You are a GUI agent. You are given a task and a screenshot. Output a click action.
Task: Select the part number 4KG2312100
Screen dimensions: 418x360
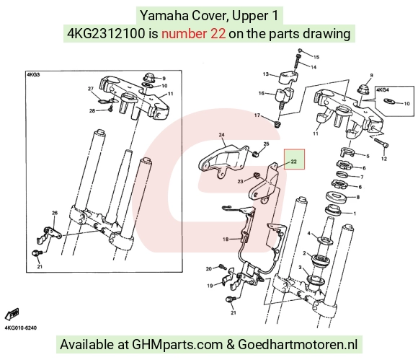pos(106,34)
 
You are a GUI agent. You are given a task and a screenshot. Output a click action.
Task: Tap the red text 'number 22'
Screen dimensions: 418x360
pos(194,34)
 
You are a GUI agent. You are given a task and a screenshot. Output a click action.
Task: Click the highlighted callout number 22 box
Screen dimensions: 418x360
pos(294,159)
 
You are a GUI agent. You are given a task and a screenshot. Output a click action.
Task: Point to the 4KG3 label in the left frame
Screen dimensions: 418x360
pos(33,75)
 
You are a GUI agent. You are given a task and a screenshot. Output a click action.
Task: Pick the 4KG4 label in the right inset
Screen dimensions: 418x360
pos(383,90)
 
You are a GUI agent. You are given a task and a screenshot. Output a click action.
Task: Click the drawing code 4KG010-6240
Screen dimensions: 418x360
pos(20,328)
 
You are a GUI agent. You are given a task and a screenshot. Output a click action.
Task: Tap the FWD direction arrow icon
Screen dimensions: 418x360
pos(12,314)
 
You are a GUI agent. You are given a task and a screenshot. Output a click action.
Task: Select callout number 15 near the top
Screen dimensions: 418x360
pos(316,57)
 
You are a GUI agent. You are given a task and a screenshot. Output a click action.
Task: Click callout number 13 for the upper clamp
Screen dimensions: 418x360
pos(266,74)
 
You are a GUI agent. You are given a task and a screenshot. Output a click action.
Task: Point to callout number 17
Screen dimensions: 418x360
pos(257,115)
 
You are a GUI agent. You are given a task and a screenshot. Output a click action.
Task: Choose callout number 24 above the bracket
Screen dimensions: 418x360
pos(221,135)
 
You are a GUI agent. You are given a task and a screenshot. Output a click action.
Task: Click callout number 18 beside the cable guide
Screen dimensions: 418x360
pos(226,239)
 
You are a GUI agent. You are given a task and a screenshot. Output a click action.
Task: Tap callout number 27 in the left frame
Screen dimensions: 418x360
pos(91,89)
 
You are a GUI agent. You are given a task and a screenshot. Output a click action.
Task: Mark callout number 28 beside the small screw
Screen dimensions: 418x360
pos(92,111)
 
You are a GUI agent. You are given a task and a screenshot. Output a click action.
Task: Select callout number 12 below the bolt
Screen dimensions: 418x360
pos(384,159)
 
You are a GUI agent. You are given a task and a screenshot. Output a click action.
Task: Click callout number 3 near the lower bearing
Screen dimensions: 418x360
pos(301,267)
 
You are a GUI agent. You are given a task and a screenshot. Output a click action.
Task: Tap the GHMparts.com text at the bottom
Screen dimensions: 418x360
pos(177,344)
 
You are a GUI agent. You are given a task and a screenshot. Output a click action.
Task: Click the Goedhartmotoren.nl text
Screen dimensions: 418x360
pos(298,344)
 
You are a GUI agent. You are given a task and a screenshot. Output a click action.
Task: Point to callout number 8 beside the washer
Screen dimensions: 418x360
pos(358,197)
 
